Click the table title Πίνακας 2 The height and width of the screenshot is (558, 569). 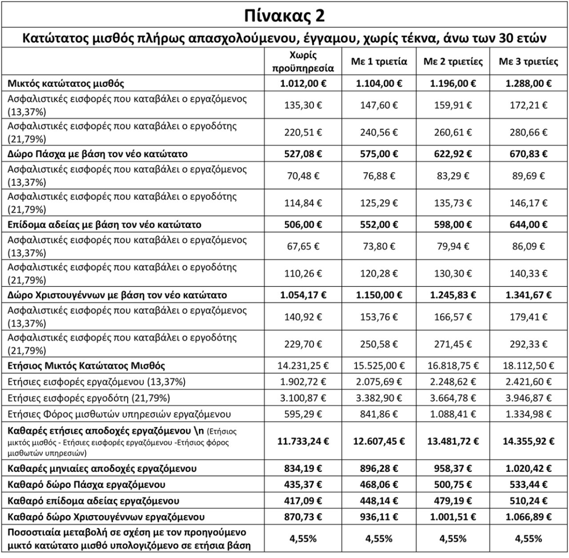point(284,16)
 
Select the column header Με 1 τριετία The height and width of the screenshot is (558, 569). point(379,61)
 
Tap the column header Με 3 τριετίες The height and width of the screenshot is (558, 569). point(528,61)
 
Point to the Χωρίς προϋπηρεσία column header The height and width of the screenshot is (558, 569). point(303,61)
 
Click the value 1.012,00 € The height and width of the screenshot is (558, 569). point(303,84)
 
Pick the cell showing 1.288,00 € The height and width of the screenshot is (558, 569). point(529,84)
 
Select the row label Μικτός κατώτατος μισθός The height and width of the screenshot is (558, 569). point(66,84)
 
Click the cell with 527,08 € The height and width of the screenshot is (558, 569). point(303,154)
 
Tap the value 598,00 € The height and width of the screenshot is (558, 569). point(453,225)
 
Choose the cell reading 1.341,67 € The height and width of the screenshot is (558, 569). point(529,295)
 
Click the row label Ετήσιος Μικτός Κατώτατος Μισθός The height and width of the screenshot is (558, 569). point(86,366)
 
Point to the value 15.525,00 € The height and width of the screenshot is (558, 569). point(379,366)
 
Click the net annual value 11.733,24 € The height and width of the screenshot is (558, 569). point(303,442)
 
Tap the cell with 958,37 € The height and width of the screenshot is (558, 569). point(453,469)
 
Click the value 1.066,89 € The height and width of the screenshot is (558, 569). point(529,517)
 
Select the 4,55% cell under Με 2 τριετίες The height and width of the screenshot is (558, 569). point(453,539)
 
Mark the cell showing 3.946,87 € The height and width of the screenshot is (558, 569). point(529,398)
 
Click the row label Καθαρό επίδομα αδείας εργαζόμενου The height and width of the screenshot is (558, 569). point(93,501)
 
